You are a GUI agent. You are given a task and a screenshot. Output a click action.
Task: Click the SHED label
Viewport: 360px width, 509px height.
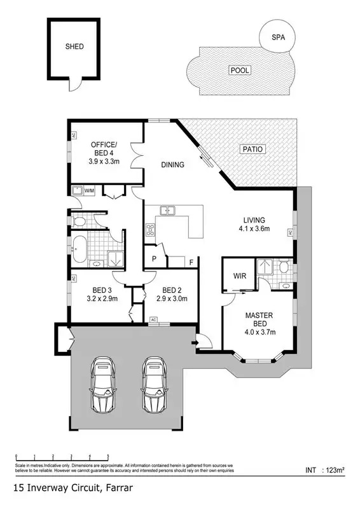pyautogui.click(x=74, y=46)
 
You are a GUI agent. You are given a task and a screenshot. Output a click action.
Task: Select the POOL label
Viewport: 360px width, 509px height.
pyautogui.click(x=240, y=70)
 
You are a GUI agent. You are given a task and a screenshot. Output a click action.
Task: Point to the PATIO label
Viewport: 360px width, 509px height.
pyautogui.click(x=252, y=149)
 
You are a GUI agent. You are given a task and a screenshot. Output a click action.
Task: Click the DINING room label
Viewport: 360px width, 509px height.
pyautogui.click(x=172, y=165)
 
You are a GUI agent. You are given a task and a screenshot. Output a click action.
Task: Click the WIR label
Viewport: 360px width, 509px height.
pyautogui.click(x=240, y=276)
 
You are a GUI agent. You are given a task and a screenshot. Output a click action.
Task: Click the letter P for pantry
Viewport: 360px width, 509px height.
pyautogui.click(x=154, y=260)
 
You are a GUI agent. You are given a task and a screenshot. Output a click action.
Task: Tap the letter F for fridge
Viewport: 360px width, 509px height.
pyautogui.click(x=191, y=261)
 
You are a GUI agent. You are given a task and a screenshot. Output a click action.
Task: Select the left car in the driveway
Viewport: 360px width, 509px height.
pyautogui.click(x=104, y=386)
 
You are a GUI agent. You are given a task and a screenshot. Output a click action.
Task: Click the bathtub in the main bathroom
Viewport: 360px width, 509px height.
pyautogui.click(x=80, y=250)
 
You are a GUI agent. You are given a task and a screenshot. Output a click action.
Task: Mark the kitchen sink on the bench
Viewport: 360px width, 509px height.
pyautogui.click(x=169, y=211)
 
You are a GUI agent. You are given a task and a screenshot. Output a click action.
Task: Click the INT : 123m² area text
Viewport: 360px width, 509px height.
pyautogui.click(x=324, y=471)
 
